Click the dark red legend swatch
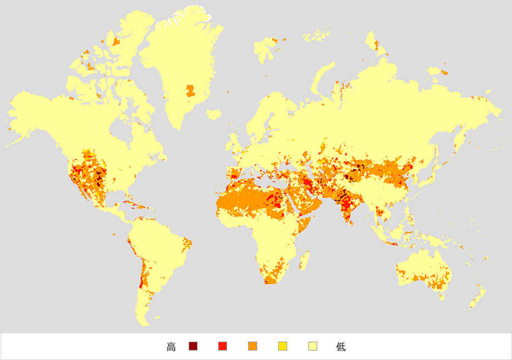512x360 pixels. (193, 347)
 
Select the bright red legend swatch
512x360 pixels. (223, 347)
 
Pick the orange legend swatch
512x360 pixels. (253, 347)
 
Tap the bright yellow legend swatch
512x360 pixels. (283, 347)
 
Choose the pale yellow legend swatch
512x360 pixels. (313, 347)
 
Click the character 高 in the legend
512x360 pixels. (171, 347)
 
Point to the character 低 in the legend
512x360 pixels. (341, 347)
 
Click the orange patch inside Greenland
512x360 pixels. (190, 91)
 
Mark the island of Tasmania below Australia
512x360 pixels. (441, 297)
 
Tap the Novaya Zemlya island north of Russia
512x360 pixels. (323, 75)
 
